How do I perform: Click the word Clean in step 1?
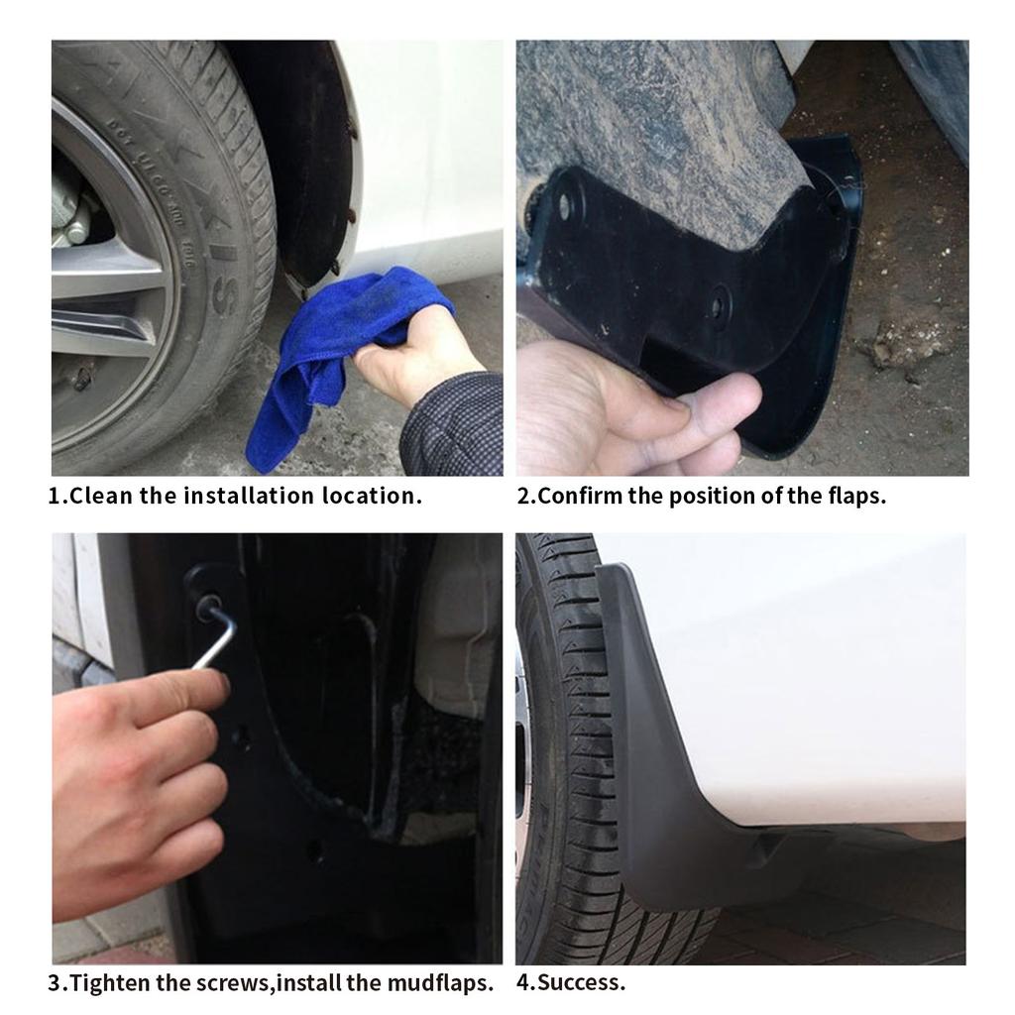pos(101,496)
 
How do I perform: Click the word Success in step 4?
pos(578,982)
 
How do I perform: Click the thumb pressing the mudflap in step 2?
pos(712,398)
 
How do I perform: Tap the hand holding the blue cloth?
pos(414,353)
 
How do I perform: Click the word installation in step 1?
pos(249,496)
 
